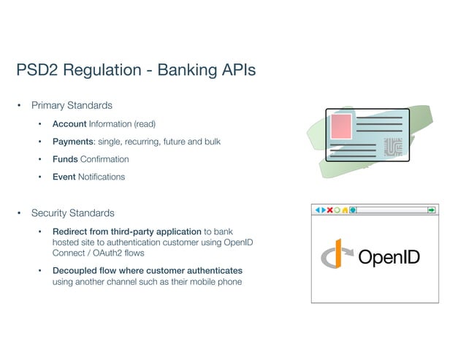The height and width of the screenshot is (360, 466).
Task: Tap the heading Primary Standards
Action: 72,106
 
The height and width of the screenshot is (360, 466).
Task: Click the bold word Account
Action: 69,123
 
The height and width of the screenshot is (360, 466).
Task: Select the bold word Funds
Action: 65,158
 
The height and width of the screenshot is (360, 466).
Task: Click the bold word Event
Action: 64,177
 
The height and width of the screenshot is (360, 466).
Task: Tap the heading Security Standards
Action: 72,213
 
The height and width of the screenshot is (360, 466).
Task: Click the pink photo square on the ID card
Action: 342,128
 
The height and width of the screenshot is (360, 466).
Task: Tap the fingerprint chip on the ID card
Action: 393,147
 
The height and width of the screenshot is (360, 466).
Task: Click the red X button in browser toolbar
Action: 329,210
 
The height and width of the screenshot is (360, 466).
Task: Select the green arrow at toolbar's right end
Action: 432,210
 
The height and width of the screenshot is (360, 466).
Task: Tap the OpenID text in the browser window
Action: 389,258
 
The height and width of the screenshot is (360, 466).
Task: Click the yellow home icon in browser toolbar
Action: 345,210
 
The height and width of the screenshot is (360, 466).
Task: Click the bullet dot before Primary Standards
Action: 20,106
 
